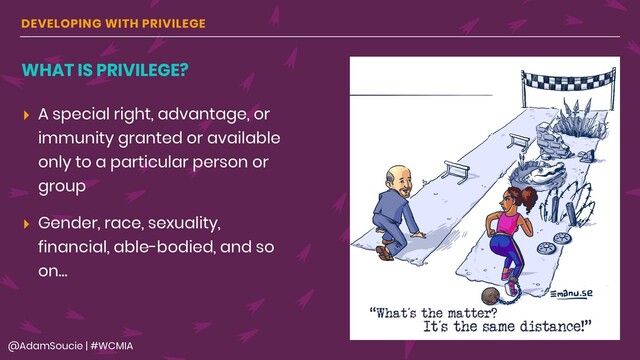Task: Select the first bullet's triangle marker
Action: [x=26, y=115]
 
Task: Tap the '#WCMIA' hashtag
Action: [x=126, y=344]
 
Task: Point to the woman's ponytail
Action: [x=483, y=196]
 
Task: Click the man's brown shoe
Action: [x=384, y=253]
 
